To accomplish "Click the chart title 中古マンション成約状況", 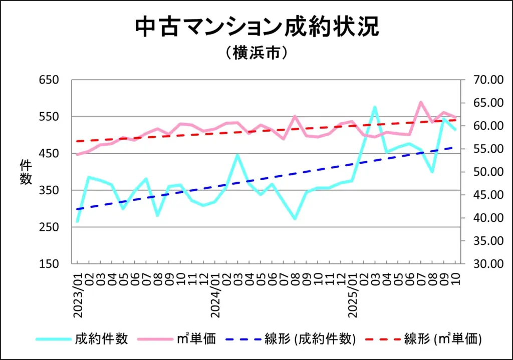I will coord(256,28).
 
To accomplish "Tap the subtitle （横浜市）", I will coord(256,53).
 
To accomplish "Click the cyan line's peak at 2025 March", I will coord(374,107).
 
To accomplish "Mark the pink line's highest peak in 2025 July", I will coord(420,102).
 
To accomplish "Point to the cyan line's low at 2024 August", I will coord(295,219).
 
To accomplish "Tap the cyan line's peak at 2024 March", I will coord(237,155).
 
